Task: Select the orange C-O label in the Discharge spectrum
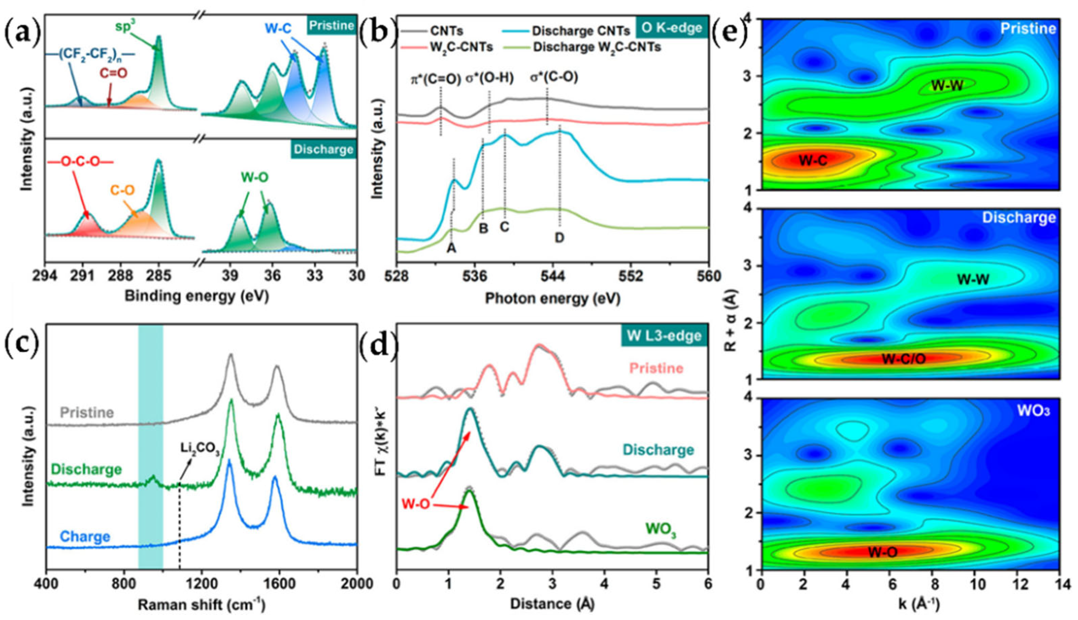click(x=123, y=190)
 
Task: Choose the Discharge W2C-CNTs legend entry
click(x=597, y=47)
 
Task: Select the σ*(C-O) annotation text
click(x=554, y=78)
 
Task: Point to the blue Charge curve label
click(x=85, y=537)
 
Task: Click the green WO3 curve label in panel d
click(x=661, y=529)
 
